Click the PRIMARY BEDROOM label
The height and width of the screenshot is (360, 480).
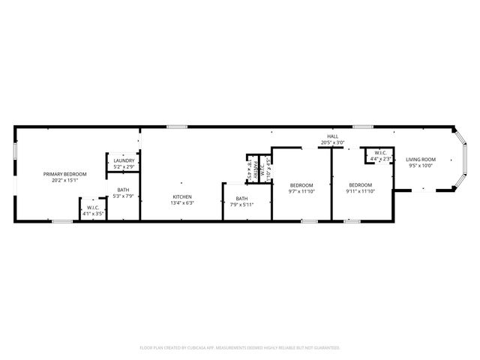click(x=65, y=174)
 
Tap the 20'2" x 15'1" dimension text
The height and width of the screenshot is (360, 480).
click(x=65, y=180)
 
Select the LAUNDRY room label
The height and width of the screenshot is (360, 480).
click(x=124, y=160)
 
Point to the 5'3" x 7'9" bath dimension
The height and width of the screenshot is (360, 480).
click(x=124, y=196)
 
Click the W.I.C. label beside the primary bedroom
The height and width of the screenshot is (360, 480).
click(x=94, y=208)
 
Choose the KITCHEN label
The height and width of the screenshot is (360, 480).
click(x=183, y=196)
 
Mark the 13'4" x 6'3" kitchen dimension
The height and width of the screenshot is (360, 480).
click(x=183, y=202)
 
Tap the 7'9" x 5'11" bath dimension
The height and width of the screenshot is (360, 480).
click(x=241, y=204)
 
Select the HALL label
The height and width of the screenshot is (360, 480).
click(x=332, y=136)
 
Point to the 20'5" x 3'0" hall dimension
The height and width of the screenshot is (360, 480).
click(x=332, y=142)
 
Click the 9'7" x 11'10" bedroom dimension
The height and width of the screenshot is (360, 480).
click(x=301, y=191)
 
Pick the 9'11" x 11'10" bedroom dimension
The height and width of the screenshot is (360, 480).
click(x=360, y=191)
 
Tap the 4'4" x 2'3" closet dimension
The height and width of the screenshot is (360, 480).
click(x=381, y=160)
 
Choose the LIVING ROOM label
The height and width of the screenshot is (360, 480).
click(x=421, y=160)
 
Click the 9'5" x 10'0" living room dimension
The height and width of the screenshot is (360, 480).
click(x=421, y=166)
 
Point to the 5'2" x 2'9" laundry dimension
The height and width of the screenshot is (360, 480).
click(x=124, y=166)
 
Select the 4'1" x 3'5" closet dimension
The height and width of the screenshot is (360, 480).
click(x=94, y=214)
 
